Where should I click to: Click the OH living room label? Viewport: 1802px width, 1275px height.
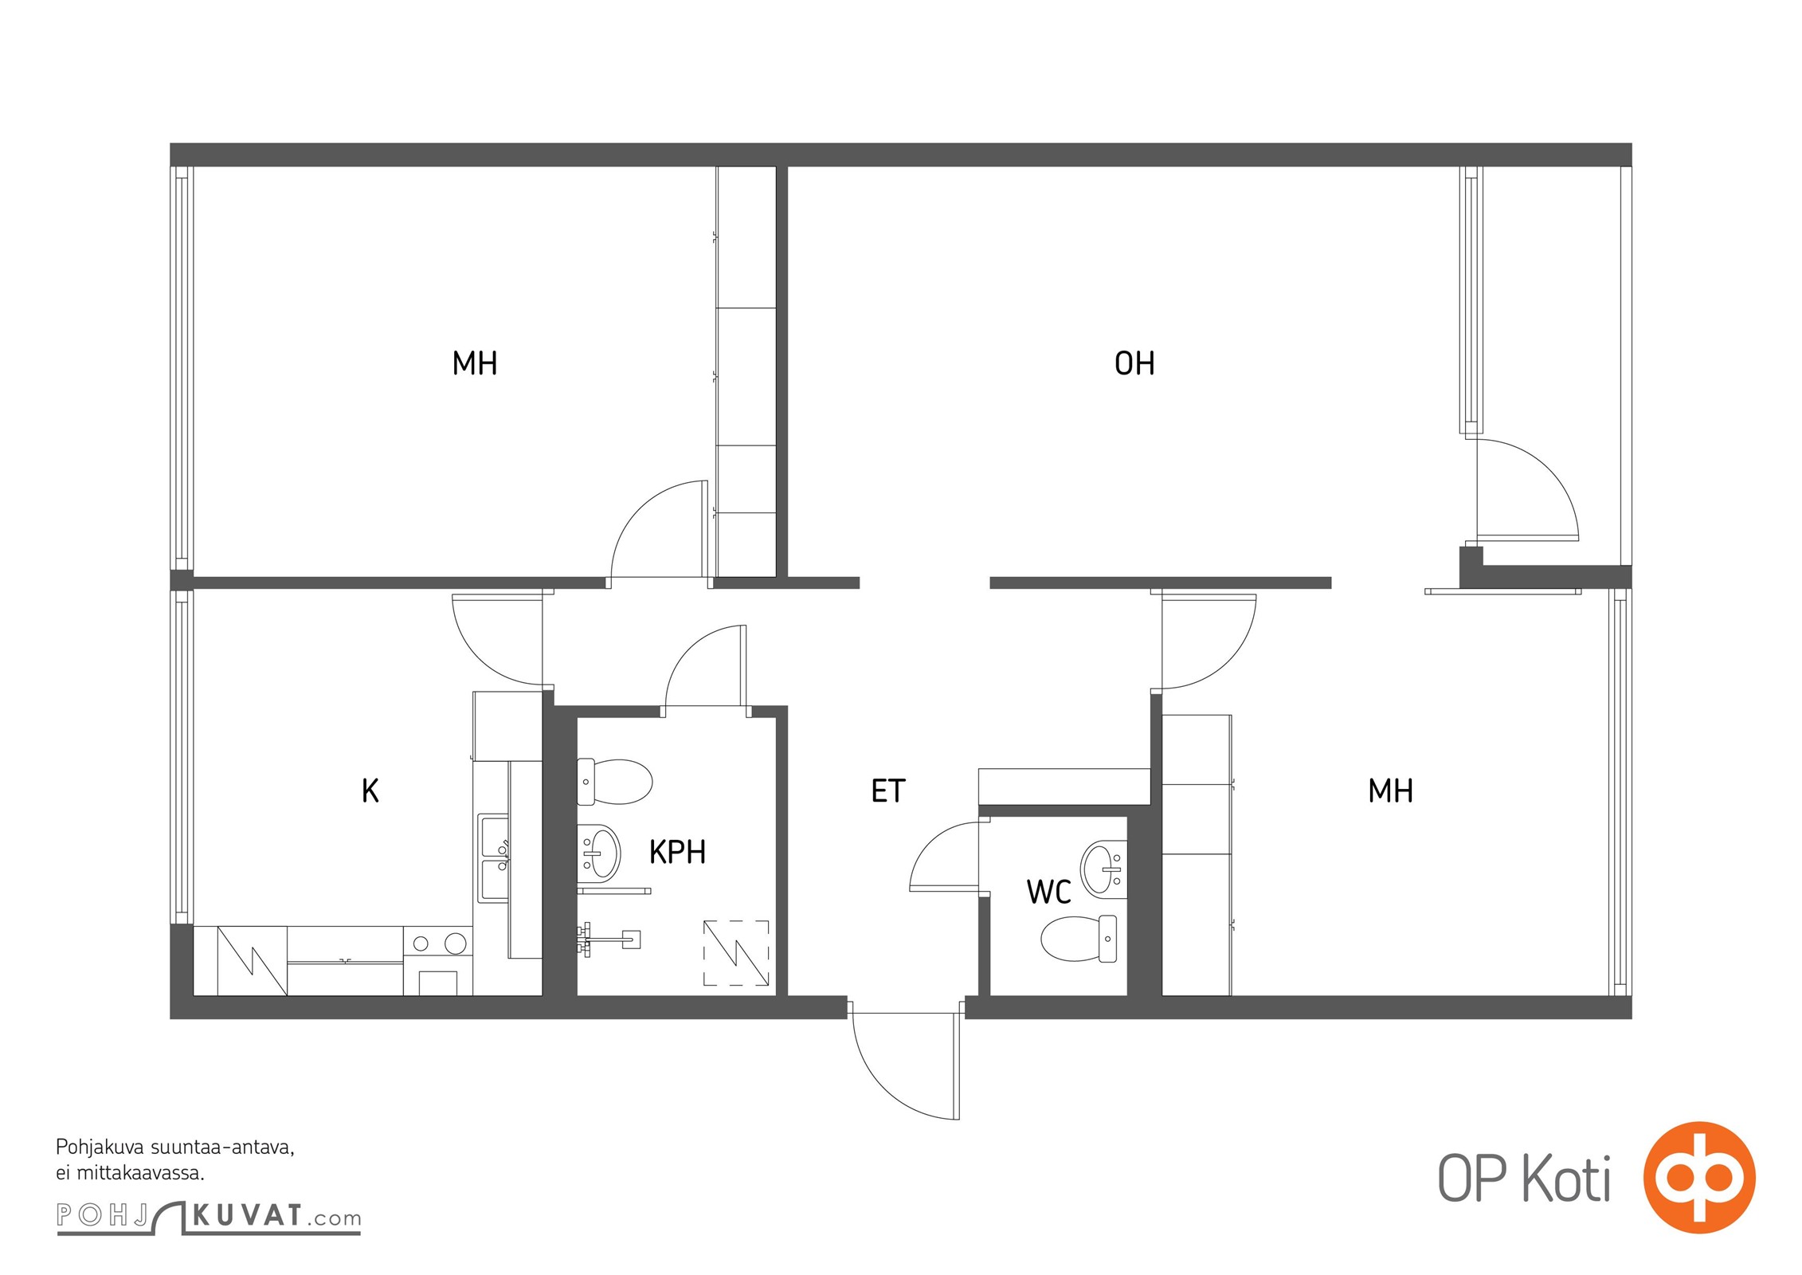click(x=1134, y=363)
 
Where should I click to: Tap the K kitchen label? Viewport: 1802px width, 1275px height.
click(x=370, y=791)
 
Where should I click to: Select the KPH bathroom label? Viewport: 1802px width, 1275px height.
click(x=677, y=853)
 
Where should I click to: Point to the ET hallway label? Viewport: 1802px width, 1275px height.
click(x=888, y=791)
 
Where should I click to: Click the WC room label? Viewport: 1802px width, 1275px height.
click(x=1048, y=892)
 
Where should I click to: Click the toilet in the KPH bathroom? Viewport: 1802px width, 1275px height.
click(x=614, y=782)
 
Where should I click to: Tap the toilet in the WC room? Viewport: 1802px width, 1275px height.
click(x=1079, y=939)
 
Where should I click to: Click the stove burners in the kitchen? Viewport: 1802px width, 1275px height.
click(x=437, y=944)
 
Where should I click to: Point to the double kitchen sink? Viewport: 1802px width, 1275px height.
click(x=493, y=858)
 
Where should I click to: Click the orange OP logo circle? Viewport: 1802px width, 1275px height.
click(x=1699, y=1178)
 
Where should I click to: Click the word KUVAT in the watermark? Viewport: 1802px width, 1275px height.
click(x=248, y=1216)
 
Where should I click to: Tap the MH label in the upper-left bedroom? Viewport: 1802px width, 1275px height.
click(x=475, y=363)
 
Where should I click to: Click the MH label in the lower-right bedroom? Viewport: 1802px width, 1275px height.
click(x=1390, y=791)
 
